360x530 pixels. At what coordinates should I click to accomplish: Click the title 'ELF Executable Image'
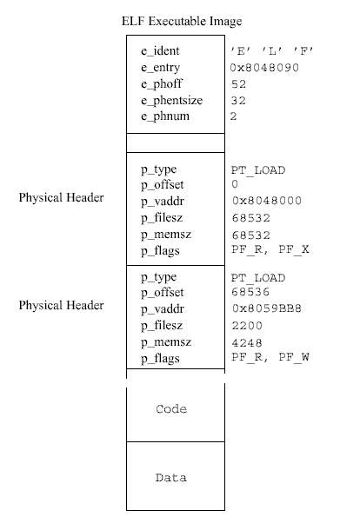tap(182, 22)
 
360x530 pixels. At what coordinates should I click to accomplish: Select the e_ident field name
tap(160, 50)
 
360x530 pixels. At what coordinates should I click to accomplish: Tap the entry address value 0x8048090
tap(264, 68)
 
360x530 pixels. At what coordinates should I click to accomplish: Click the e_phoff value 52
tap(238, 84)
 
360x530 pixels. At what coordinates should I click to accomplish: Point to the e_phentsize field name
tap(171, 101)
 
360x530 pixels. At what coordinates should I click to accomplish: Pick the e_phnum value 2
tap(233, 116)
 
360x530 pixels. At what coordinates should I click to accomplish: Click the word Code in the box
tap(171, 409)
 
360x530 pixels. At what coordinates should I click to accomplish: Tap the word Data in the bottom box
tap(170, 478)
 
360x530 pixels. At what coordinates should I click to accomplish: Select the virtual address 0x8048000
tap(267, 201)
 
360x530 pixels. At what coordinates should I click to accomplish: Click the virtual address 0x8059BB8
tap(267, 308)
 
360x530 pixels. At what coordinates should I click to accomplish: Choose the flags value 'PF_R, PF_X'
tap(270, 249)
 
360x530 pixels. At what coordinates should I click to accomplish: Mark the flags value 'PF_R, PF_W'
tap(270, 357)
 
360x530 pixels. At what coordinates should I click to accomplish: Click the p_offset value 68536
tap(250, 292)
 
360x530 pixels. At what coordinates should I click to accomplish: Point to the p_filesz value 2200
tap(247, 326)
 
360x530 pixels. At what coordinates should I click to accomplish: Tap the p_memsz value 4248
tap(247, 342)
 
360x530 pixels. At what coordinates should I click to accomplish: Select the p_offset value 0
tap(235, 184)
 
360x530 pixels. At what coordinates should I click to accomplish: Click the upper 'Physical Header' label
tap(61, 197)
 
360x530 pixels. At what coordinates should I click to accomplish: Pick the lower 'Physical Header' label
tap(61, 305)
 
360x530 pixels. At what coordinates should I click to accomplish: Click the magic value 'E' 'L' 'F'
tap(271, 51)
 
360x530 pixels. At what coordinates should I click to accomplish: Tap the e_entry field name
tap(160, 68)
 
